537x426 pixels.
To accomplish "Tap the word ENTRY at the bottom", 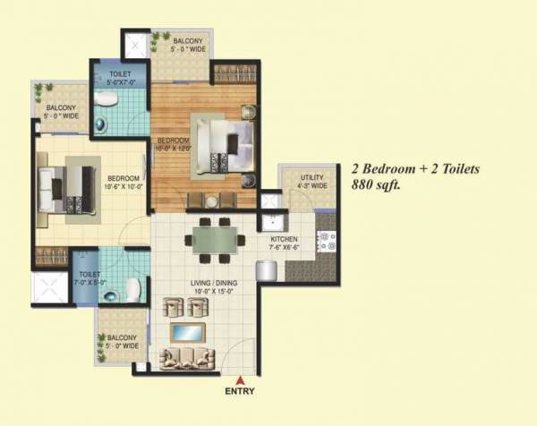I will (x=238, y=392).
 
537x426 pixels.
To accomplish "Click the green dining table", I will (x=214, y=240).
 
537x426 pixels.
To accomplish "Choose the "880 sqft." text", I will (x=377, y=186).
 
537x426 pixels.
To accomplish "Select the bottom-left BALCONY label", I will (x=118, y=341).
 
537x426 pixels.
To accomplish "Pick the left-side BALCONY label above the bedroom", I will (x=60, y=111).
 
